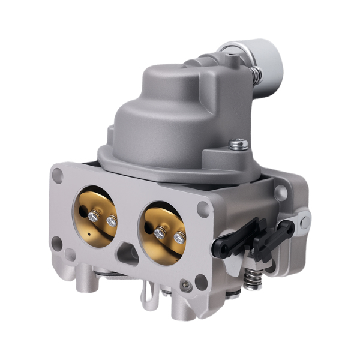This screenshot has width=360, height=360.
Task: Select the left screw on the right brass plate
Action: click(159, 232)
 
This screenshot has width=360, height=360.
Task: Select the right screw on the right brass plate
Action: click(179, 238)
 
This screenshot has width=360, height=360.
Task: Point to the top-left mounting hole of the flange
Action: click(58, 175)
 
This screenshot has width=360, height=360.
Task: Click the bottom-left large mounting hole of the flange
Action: click(57, 243)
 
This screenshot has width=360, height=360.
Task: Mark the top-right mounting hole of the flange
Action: click(204, 208)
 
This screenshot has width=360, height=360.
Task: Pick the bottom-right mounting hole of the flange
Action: click(200, 281)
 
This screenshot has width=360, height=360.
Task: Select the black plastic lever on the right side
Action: click(264, 238)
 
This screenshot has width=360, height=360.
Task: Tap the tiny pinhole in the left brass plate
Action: click(88, 233)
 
